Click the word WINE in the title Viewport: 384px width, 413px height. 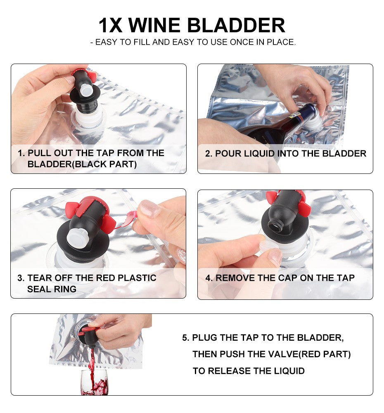[154, 26]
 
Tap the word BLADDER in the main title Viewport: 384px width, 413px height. [236, 26]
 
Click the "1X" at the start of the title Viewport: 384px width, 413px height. [110, 26]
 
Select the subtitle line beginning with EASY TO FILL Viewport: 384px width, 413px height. [193, 42]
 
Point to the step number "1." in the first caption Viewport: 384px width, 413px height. [21, 153]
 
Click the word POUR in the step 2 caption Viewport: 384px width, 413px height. [228, 154]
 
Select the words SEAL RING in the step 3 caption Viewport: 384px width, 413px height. [52, 289]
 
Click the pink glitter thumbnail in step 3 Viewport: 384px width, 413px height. [150, 208]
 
